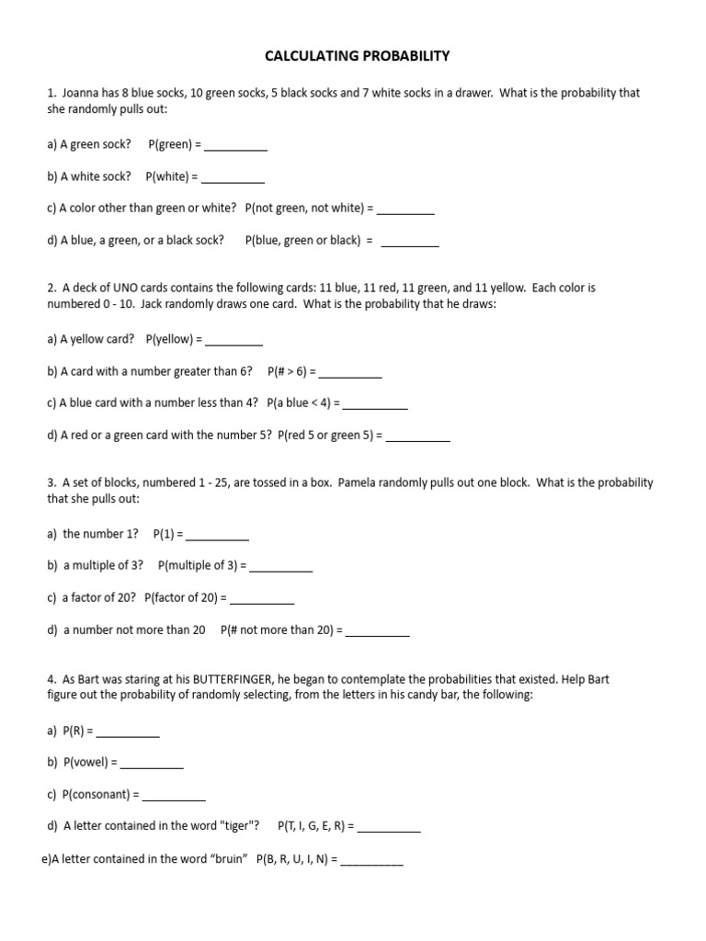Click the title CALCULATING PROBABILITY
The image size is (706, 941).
357,56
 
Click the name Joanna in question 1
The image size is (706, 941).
82,93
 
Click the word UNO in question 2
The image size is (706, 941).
121,288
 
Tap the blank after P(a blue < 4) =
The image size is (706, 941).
375,405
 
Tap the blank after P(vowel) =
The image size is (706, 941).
152,765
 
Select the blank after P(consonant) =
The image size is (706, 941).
174,797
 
